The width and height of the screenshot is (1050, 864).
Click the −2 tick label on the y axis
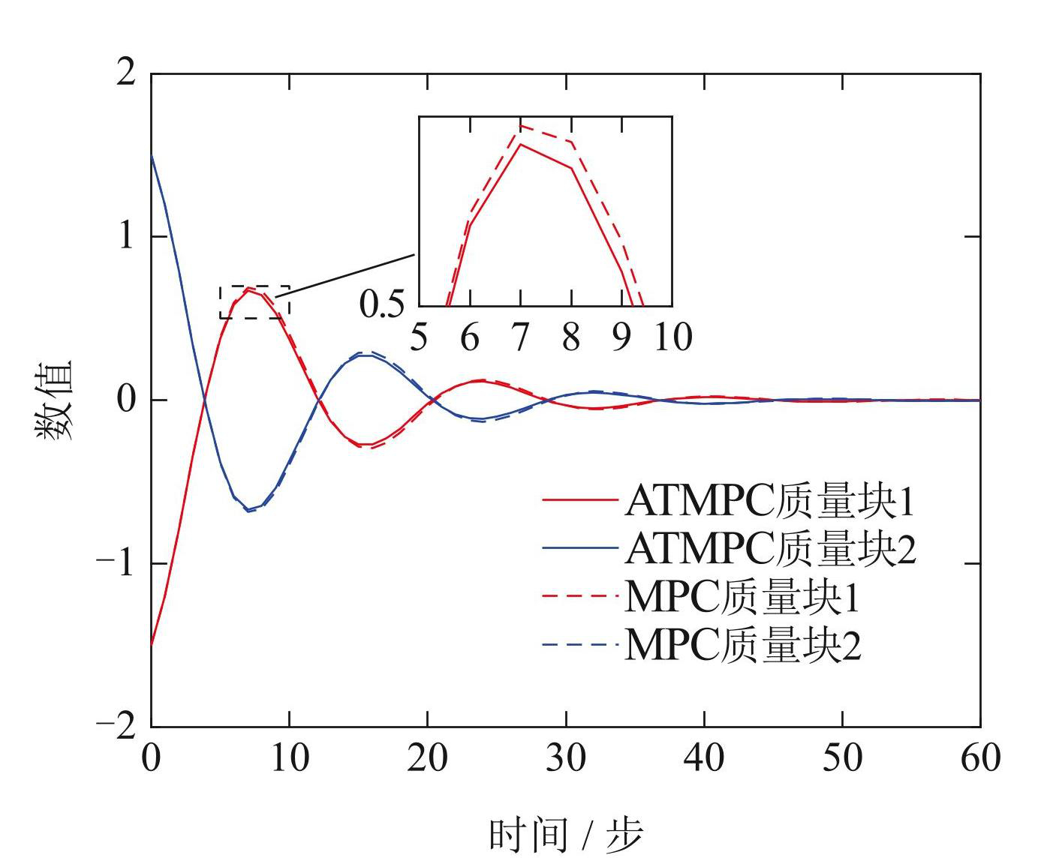[116, 725]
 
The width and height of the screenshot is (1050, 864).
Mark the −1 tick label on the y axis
[116, 562]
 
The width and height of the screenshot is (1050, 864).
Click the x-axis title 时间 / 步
[566, 834]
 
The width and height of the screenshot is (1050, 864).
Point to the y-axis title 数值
[54, 400]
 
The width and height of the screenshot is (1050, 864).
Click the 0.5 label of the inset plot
[381, 304]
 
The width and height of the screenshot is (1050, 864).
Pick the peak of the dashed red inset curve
[520, 125]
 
